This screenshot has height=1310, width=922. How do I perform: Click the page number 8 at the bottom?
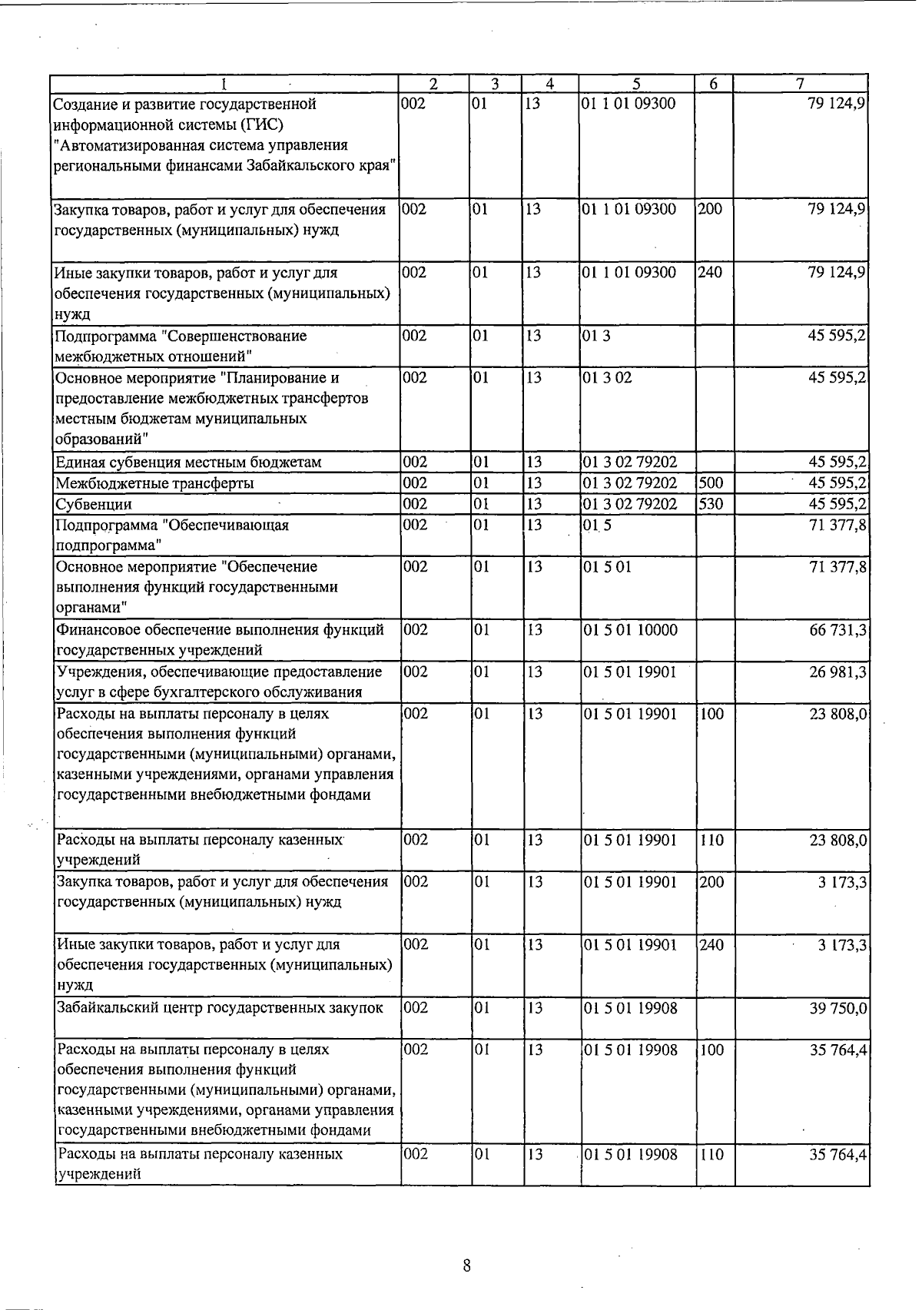tap(466, 1265)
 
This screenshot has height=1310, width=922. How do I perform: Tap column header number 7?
tap(800, 84)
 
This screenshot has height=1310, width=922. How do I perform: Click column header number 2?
tap(433, 84)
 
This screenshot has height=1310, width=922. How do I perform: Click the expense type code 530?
tap(711, 504)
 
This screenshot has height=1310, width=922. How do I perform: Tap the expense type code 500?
tap(711, 483)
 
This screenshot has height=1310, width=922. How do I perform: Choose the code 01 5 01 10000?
tap(629, 630)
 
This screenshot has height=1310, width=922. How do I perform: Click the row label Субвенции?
tap(93, 505)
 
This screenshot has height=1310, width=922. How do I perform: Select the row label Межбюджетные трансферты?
tap(154, 484)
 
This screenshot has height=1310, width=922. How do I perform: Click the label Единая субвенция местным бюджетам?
tap(188, 463)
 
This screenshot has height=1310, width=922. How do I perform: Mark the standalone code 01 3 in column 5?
tap(596, 336)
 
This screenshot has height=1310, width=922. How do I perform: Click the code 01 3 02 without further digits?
tap(606, 378)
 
